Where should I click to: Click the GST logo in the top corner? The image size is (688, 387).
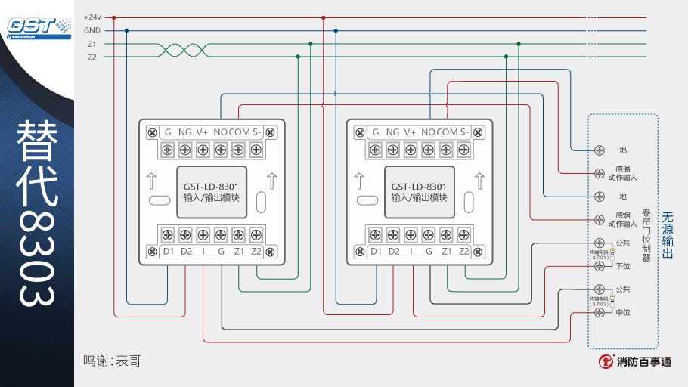pos(36,26)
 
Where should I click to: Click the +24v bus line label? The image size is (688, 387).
pos(92,17)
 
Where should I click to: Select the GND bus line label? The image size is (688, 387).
pos(92,30)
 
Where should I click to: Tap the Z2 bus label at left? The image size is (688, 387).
pos(92,57)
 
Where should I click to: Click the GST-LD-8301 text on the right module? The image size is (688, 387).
pos(419,187)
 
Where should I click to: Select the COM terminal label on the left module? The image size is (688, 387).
pos(240,132)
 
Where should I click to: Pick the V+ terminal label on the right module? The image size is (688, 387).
pos(410,132)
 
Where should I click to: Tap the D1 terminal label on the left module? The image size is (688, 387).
pos(168,251)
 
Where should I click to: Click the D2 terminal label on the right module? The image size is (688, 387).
pos(393,251)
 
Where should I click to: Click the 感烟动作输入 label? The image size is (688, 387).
pos(622,219)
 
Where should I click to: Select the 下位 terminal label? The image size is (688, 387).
pos(623,266)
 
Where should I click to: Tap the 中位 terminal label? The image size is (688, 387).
pos(623,312)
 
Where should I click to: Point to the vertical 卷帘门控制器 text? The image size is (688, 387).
pos(646,235)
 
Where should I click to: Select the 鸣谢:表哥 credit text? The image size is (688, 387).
pos(112,361)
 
